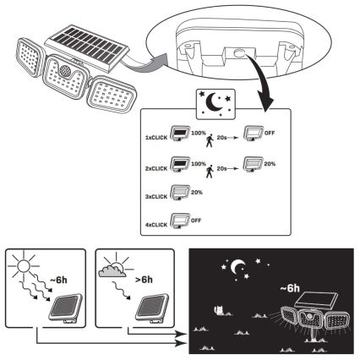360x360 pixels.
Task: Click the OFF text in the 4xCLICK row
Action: click(x=198, y=220)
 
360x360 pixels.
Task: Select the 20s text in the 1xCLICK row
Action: click(x=224, y=136)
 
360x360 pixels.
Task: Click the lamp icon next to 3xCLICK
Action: click(x=178, y=195)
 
